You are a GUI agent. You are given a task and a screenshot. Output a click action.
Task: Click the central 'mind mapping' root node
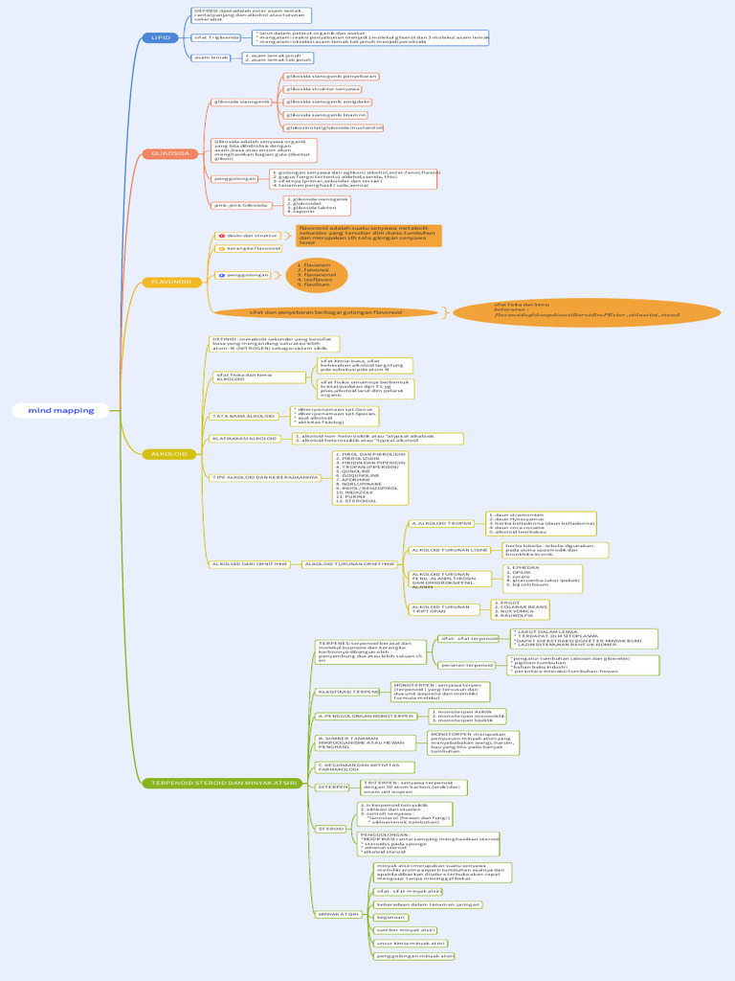point(61,410)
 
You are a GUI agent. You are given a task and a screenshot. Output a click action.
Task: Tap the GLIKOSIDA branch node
point(170,153)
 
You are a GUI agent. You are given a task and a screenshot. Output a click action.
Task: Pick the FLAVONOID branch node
point(170,282)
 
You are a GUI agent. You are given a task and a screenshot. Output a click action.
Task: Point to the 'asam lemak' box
point(212,57)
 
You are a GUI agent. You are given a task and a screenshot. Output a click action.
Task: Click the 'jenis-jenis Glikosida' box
point(241,205)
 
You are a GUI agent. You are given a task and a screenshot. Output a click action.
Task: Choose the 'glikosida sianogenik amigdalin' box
point(328,102)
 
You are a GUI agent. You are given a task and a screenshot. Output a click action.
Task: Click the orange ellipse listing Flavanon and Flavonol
point(317,275)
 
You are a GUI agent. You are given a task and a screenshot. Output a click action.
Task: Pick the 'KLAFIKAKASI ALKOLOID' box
point(244,438)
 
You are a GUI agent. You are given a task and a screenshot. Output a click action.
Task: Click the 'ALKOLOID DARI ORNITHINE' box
point(249,564)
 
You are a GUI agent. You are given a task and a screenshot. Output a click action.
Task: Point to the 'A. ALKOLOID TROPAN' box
point(441,524)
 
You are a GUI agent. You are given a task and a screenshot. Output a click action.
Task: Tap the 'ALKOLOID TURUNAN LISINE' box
point(449,550)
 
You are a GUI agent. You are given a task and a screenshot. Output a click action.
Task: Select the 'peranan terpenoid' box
point(466,664)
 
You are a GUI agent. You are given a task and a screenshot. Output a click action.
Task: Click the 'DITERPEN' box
point(333,787)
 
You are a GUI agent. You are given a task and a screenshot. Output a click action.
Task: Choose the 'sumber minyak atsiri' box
point(405,930)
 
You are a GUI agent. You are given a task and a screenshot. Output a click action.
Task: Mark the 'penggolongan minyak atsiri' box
point(413,956)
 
